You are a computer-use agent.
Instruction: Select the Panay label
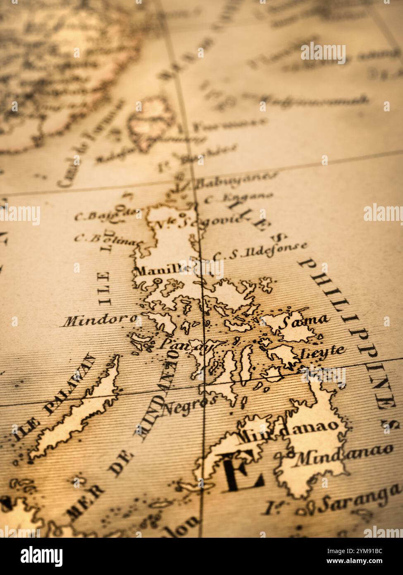pos(184,344)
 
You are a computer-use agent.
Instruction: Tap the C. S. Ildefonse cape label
pos(260,251)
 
